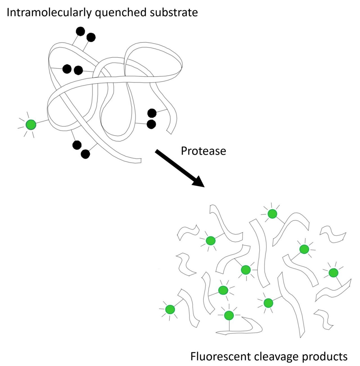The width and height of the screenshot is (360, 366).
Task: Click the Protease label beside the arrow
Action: pyautogui.click(x=203, y=151)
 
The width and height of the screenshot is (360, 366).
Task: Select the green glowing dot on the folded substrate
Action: pyautogui.click(x=31, y=125)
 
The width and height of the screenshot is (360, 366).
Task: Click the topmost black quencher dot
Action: pyautogui.click(x=80, y=31)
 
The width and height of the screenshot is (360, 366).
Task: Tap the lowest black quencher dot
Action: pyautogui.click(x=85, y=154)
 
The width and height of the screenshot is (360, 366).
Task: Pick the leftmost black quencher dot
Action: pyautogui.click(x=67, y=69)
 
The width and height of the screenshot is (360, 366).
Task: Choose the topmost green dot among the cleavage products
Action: pyautogui.click(x=272, y=214)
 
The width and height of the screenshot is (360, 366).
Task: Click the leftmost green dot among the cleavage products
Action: pyautogui.click(x=170, y=309)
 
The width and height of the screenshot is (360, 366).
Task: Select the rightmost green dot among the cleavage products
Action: pyautogui.click(x=334, y=272)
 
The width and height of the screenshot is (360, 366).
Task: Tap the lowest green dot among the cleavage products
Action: pyautogui.click(x=229, y=315)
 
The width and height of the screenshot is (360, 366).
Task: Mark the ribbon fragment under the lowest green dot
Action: pyautogui.click(x=247, y=329)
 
